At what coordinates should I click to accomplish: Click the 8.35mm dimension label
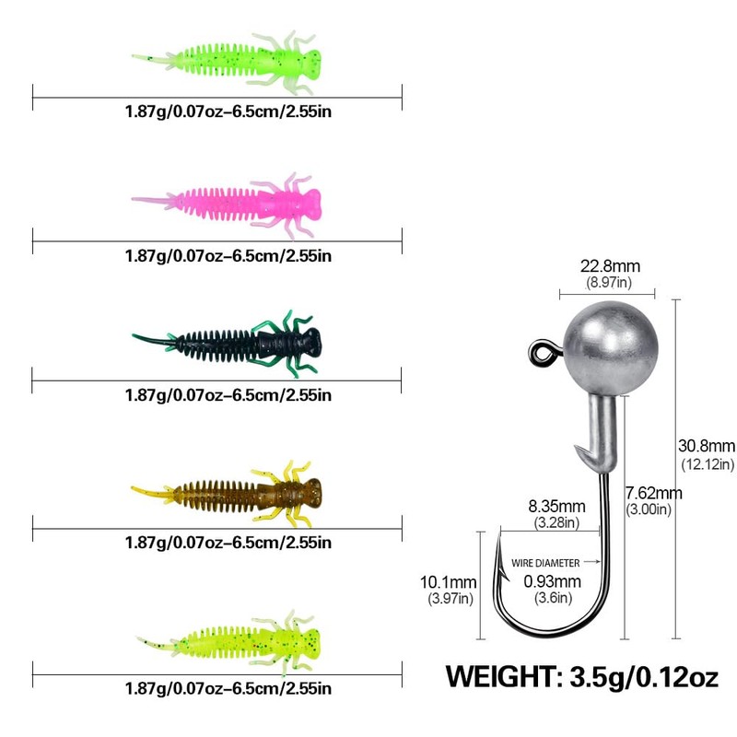[556, 506]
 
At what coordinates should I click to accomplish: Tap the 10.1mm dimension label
[449, 581]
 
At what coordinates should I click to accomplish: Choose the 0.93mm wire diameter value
[553, 581]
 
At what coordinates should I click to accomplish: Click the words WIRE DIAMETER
[546, 562]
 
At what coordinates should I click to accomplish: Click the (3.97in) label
[449, 599]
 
